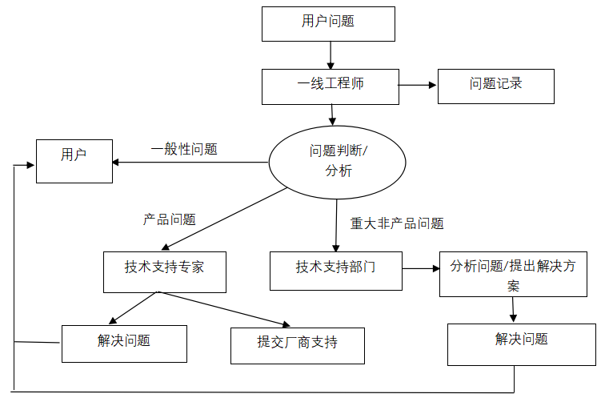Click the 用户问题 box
click(x=328, y=23)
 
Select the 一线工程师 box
click(x=330, y=86)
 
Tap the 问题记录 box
click(x=495, y=86)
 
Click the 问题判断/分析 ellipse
click(x=337, y=161)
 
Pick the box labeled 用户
click(x=74, y=160)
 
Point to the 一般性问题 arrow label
click(x=184, y=149)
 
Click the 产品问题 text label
click(x=169, y=219)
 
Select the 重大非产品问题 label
click(x=397, y=223)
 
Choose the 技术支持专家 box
click(x=164, y=271)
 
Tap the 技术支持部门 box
click(x=335, y=271)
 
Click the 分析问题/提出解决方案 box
click(x=513, y=274)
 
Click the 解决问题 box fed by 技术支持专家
click(x=124, y=344)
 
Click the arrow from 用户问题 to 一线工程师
click(x=330, y=54)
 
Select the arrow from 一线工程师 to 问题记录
click(x=418, y=85)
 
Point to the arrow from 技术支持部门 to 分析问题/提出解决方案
click(x=420, y=267)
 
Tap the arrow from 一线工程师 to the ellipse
click(x=330, y=115)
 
